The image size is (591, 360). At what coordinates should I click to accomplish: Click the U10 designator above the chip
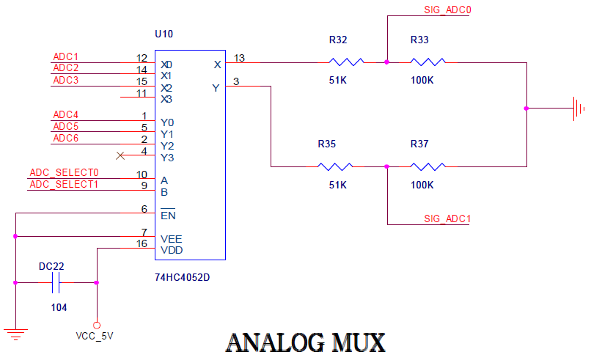click(164, 34)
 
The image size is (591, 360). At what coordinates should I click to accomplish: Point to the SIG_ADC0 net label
click(447, 10)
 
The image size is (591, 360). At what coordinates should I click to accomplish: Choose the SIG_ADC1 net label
click(447, 219)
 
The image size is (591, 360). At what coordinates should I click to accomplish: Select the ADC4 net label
click(66, 115)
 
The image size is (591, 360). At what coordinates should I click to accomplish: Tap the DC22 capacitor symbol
click(56, 282)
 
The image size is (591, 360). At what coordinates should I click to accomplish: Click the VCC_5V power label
click(95, 336)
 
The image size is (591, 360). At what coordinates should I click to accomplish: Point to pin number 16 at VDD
click(142, 243)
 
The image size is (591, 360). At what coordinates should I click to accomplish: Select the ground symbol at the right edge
click(579, 109)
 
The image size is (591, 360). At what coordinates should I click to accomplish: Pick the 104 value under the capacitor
click(59, 307)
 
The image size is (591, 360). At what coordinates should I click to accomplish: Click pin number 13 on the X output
click(239, 58)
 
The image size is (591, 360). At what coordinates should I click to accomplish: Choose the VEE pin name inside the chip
click(172, 239)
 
